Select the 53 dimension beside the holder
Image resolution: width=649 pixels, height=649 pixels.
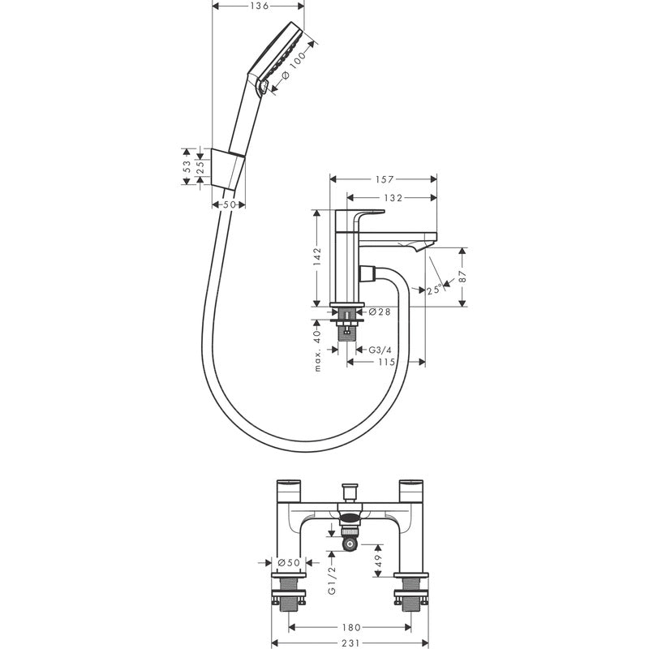click(x=187, y=166)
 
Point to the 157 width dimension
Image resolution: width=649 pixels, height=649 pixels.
click(x=384, y=179)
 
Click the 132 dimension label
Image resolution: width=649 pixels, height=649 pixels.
click(x=393, y=198)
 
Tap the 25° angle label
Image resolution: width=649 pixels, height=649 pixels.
click(x=434, y=289)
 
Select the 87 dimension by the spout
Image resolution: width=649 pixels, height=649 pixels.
click(x=462, y=277)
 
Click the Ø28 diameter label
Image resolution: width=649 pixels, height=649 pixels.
click(x=379, y=312)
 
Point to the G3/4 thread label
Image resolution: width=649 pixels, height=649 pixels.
click(x=380, y=350)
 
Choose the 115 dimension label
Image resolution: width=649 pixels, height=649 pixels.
click(x=387, y=362)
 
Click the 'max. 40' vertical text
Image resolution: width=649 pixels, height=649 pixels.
click(x=317, y=350)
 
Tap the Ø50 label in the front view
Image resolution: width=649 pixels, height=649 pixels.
click(x=289, y=562)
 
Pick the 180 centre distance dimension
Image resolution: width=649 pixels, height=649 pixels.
click(x=351, y=627)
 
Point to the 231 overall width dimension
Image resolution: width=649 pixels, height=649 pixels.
click(x=351, y=643)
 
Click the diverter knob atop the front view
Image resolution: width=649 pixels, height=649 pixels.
click(x=350, y=492)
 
